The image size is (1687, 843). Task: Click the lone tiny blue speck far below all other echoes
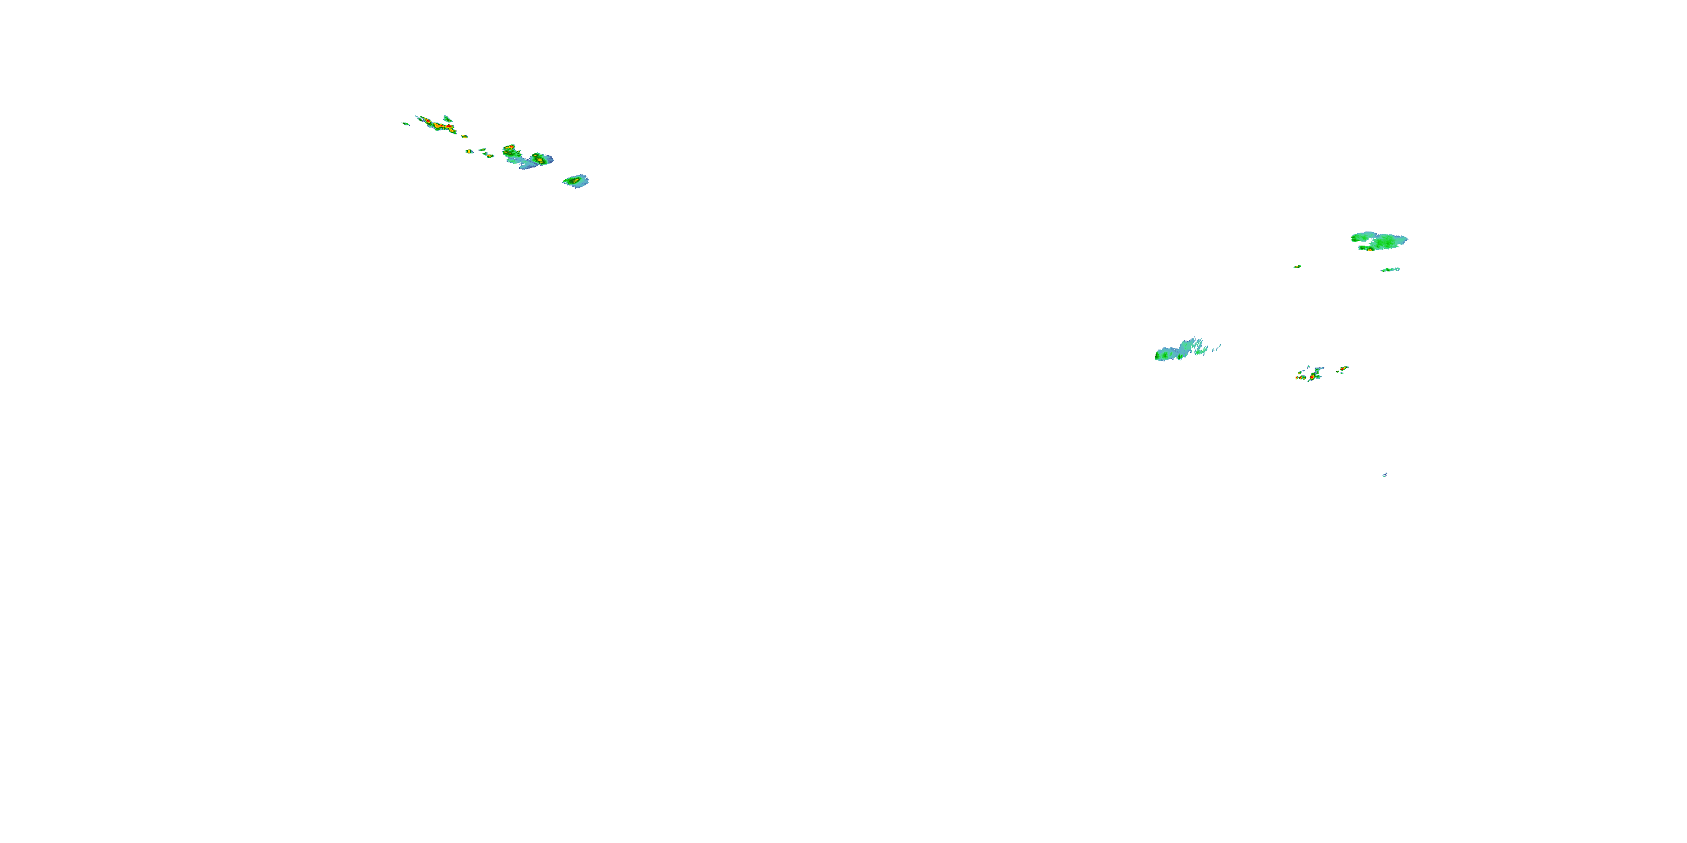[1384, 474]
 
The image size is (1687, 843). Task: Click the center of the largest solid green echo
[1382, 241]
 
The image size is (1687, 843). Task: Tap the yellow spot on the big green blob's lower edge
[1369, 249]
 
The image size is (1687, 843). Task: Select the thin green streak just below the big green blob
[1390, 270]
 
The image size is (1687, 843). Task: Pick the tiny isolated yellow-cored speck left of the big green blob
[1297, 266]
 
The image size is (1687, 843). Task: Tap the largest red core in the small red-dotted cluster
[1312, 377]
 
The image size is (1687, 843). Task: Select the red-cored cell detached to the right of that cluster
[1342, 369]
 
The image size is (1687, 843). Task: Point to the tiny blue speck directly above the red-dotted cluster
[1309, 366]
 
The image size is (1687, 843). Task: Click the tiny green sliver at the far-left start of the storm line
[406, 123]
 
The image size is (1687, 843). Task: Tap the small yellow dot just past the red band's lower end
[464, 136]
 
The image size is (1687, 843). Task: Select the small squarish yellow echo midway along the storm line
[469, 151]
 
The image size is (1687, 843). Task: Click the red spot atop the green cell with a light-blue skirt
[510, 148]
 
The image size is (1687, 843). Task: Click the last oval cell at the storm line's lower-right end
[576, 180]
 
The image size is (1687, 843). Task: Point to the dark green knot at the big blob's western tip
[1354, 239]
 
